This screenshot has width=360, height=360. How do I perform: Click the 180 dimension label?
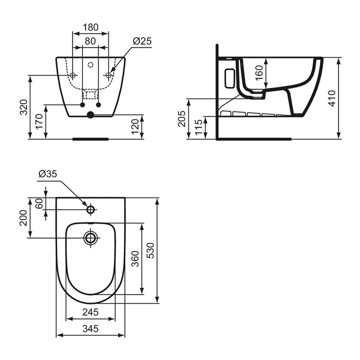tap(90, 28)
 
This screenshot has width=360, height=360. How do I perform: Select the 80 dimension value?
tap(90, 41)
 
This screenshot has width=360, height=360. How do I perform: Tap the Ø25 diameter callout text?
tap(142, 41)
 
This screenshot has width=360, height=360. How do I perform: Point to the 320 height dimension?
tap(24, 107)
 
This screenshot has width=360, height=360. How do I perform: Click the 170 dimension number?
tap(39, 122)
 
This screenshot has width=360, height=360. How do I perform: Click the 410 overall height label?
tap(332, 98)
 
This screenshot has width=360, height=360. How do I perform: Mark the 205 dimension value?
tap(182, 119)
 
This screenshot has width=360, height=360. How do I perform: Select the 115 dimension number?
tap(198, 127)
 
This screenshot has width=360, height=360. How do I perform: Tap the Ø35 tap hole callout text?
tap(47, 174)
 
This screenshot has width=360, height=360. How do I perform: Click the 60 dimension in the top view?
tap(39, 204)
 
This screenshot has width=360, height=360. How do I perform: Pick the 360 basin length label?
tap(135, 258)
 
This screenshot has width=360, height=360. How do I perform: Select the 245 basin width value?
tap(91, 312)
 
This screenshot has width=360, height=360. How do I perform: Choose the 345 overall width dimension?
tap(91, 328)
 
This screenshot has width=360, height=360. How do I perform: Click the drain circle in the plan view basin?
tap(90, 238)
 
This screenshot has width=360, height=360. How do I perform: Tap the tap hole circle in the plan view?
tap(90, 210)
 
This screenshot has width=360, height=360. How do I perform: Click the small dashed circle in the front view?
tap(90, 65)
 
